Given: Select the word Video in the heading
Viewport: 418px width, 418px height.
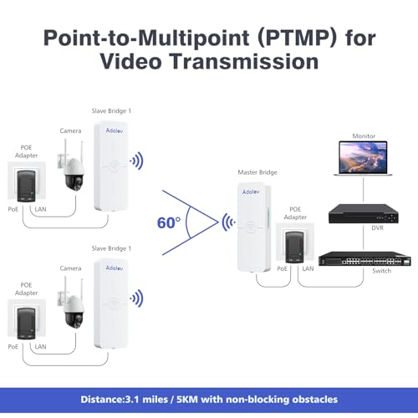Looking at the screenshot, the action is click(x=130, y=61).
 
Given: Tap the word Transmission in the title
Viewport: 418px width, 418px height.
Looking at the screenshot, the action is click(x=244, y=61).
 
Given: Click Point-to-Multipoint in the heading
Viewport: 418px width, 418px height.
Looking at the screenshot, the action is click(x=146, y=38).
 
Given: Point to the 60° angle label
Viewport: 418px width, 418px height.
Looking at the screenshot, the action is click(x=169, y=222).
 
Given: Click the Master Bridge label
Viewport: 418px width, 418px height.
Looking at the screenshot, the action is click(x=257, y=172).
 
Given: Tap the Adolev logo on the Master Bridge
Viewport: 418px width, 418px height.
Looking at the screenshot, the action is click(x=251, y=191).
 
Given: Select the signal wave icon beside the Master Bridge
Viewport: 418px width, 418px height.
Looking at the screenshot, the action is click(x=228, y=222).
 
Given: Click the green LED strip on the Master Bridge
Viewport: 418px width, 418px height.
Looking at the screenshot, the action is click(x=268, y=217).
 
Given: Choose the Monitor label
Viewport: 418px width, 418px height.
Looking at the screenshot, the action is click(x=364, y=136).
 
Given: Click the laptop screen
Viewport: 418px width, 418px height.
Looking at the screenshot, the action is click(x=363, y=157).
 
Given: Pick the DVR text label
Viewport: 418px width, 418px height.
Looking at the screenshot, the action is click(x=378, y=228).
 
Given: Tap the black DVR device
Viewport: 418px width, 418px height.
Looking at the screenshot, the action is click(x=364, y=214).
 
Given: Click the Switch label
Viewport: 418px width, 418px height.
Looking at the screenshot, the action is click(x=381, y=271).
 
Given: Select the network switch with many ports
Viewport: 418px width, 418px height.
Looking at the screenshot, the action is click(x=364, y=258).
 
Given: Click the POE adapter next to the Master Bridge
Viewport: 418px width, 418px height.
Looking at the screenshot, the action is click(x=295, y=247).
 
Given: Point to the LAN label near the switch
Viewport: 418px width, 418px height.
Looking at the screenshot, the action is click(x=308, y=268).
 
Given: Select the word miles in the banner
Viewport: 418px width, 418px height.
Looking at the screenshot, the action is click(x=155, y=400).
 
